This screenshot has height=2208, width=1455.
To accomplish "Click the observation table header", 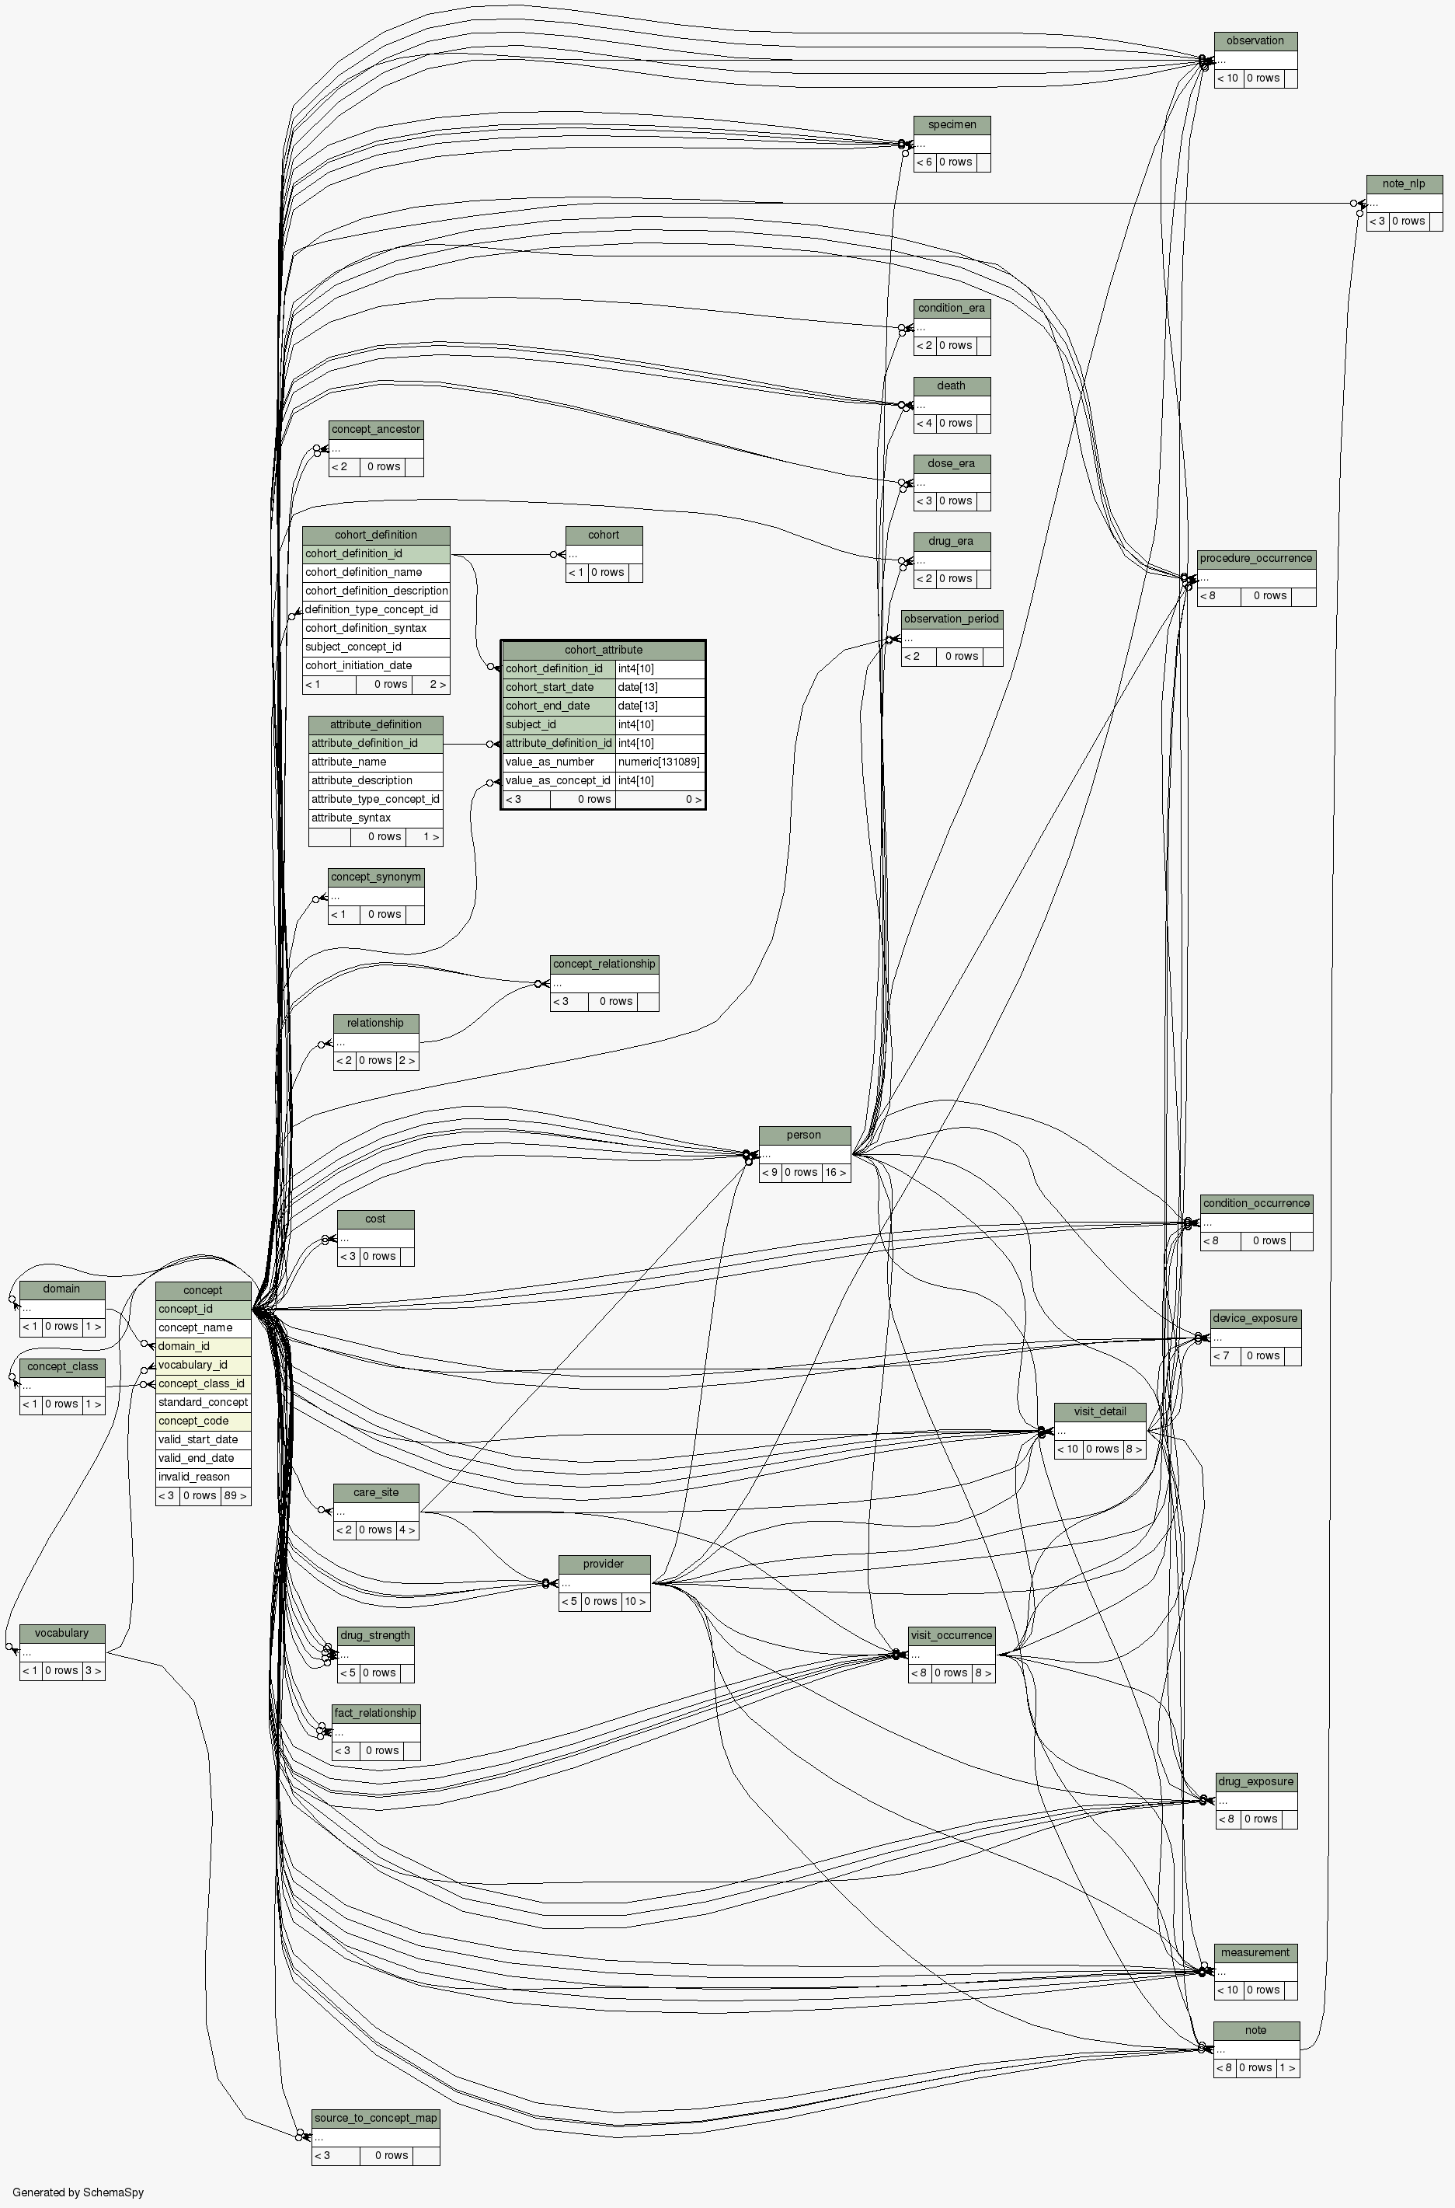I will point(1255,41).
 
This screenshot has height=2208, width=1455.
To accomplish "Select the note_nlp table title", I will point(1403,183).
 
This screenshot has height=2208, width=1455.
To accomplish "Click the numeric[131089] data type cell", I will point(659,762).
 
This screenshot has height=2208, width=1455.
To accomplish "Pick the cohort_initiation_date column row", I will point(358,665).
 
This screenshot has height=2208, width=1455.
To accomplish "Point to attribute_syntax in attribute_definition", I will point(351,818).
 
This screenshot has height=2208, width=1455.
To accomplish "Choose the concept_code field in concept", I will point(193,1421).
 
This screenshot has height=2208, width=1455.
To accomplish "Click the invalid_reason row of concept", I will point(193,1477).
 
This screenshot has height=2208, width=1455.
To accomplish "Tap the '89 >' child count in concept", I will point(235,1495).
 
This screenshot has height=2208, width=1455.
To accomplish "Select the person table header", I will point(803,1135).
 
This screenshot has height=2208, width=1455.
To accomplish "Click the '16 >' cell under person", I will point(835,1172).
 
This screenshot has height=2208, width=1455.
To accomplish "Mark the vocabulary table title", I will point(61,1633).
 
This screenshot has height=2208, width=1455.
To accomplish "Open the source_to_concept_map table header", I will point(375,2118).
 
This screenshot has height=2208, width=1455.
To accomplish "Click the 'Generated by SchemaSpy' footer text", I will point(78,2192).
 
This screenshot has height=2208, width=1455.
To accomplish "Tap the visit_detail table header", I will point(1100,1411).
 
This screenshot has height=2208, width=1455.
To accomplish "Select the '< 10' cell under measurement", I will point(1227,1989).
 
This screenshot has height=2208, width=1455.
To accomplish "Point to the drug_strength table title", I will point(375,1635).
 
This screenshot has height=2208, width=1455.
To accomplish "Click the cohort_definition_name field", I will point(364,573).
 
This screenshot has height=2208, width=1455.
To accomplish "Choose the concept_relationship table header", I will point(604,964).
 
